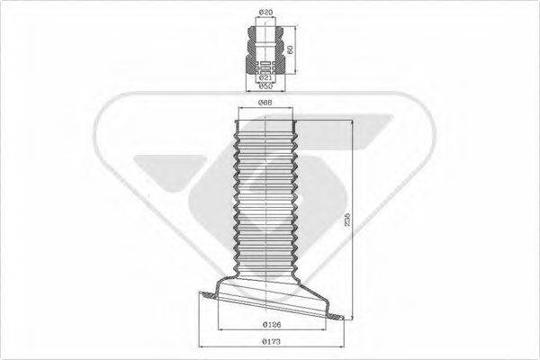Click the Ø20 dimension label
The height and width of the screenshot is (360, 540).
[x=265, y=11]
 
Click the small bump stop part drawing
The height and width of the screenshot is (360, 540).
[x=265, y=49]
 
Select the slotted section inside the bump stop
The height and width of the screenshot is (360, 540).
[x=265, y=64]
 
